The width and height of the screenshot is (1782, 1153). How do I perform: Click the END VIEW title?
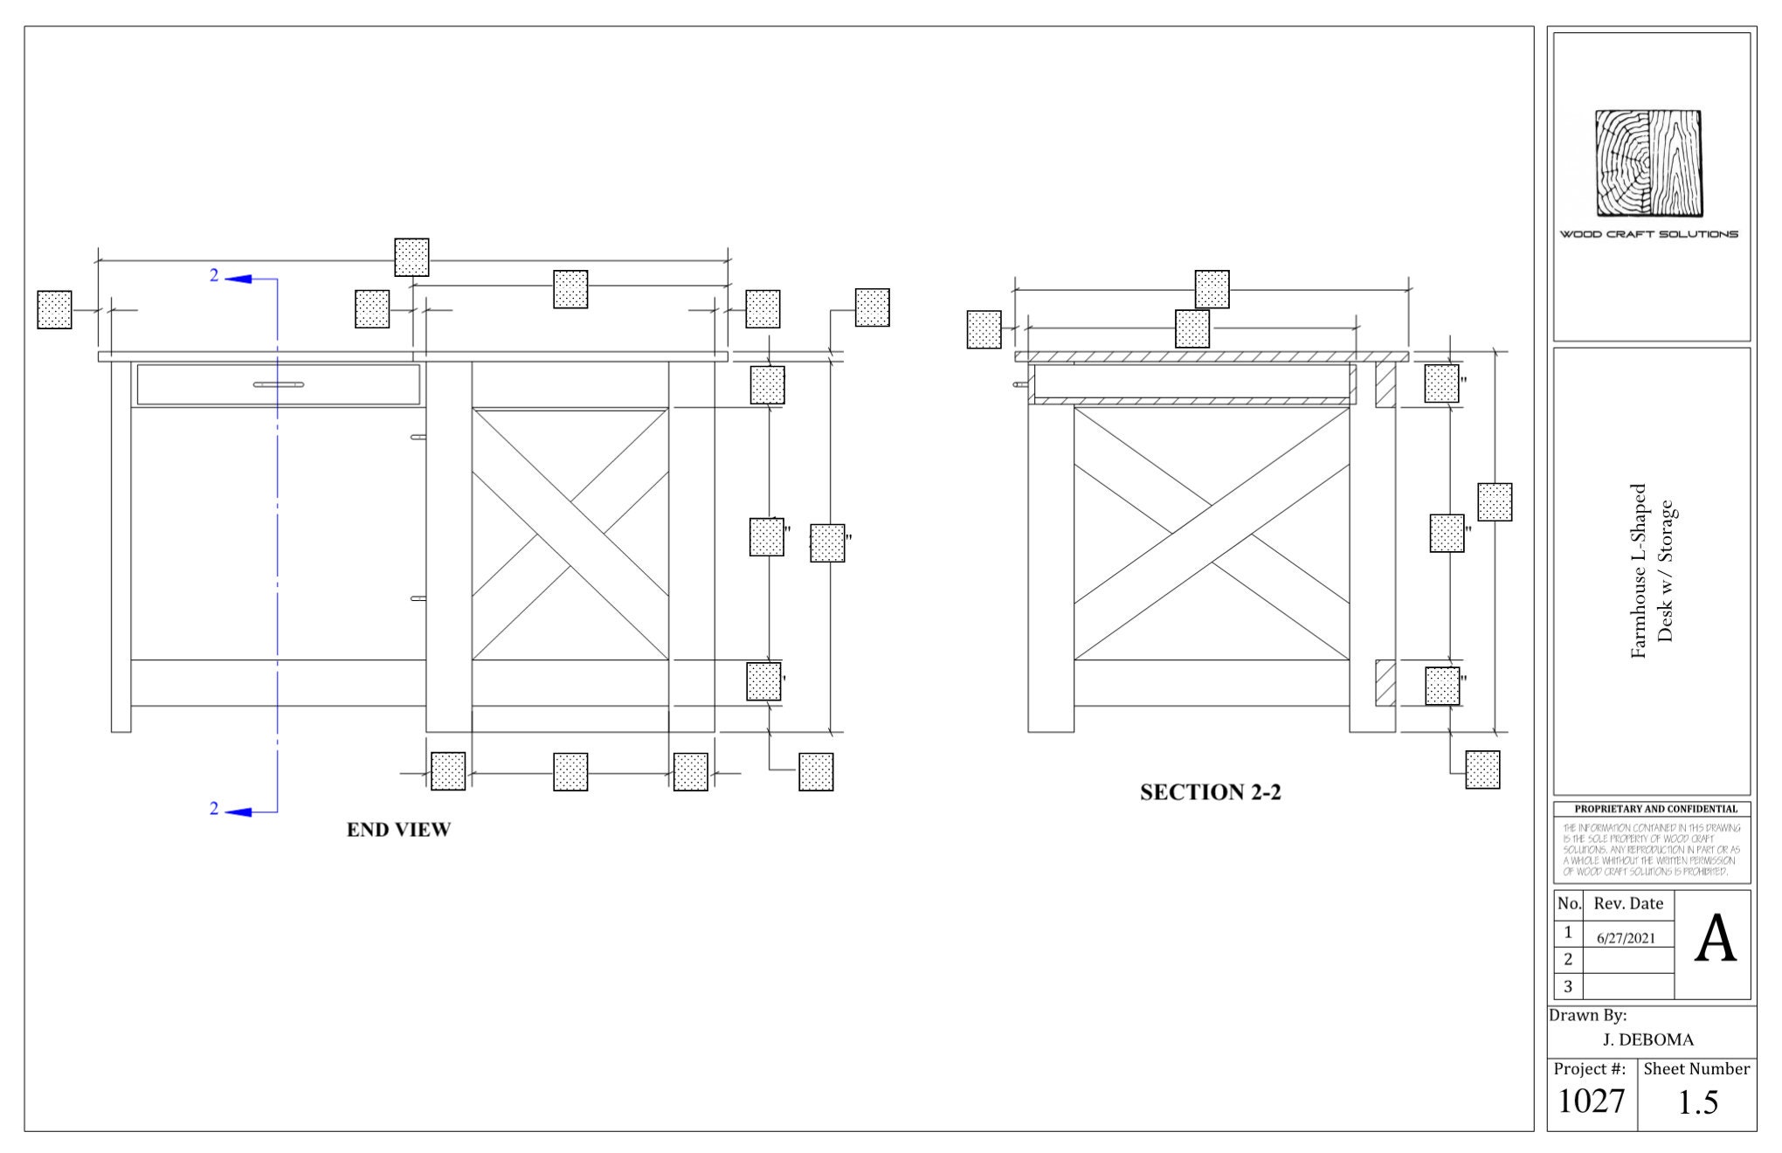tap(398, 830)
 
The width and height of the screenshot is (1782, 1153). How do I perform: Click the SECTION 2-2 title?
tap(1210, 792)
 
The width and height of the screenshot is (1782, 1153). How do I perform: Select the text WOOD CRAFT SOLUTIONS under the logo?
tap(1648, 234)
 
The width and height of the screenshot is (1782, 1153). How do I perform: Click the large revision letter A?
tap(1715, 941)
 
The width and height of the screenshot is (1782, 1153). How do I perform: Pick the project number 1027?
tap(1591, 1101)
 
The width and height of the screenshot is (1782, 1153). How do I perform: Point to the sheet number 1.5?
tap(1697, 1103)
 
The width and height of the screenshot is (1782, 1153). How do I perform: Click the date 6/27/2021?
tap(1626, 938)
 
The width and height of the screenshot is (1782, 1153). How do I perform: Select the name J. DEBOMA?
tap(1647, 1039)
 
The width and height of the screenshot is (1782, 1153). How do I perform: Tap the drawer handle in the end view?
tap(278, 384)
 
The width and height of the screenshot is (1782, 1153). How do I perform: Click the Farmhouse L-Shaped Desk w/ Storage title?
tap(1651, 571)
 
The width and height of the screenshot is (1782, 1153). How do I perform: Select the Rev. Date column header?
tap(1628, 903)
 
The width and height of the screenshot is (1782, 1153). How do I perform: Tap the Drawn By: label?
tap(1587, 1015)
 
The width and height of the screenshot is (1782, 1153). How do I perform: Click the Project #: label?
tap(1589, 1069)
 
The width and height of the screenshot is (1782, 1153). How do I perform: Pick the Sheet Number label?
tap(1696, 1069)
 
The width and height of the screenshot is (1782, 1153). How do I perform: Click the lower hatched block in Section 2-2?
tap(1385, 683)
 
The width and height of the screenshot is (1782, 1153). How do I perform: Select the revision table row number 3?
tap(1567, 987)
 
